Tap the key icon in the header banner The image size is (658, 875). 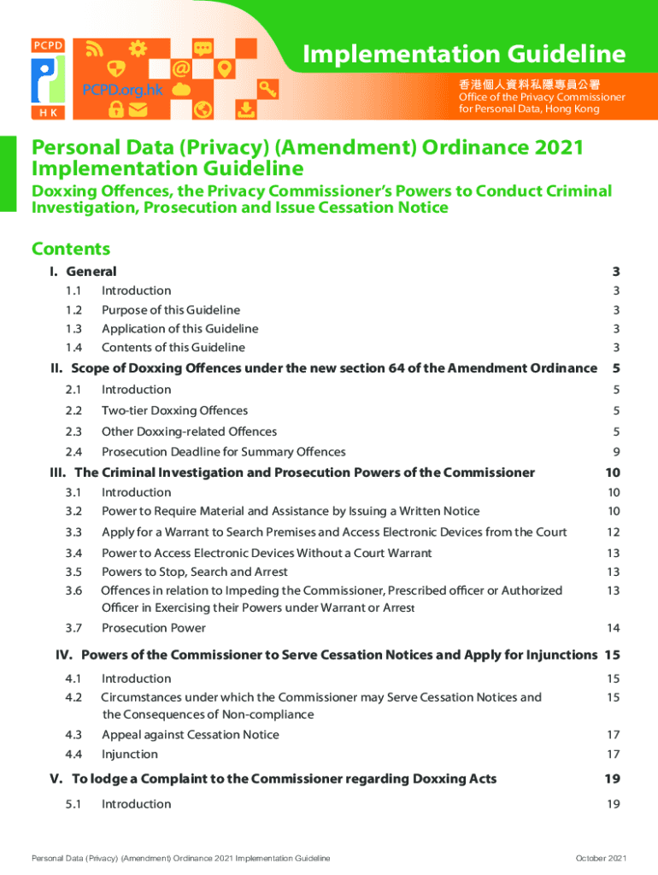[268, 87]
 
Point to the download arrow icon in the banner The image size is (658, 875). [245, 109]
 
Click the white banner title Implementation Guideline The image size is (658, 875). [464, 55]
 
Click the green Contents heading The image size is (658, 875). [71, 249]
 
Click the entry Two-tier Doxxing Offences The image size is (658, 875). [174, 411]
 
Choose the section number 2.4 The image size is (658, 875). [73, 452]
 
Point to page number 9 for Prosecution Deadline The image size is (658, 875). [615, 452]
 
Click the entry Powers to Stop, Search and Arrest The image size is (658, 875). [194, 572]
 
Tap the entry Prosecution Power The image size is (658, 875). [153, 628]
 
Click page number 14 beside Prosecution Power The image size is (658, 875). [614, 628]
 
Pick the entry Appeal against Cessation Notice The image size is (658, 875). [190, 735]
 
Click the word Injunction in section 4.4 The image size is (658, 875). [129, 755]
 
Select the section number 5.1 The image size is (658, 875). [73, 804]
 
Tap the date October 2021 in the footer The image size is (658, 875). [602, 858]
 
